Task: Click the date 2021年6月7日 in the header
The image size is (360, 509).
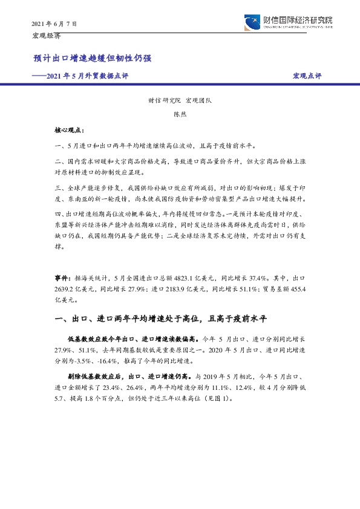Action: [54, 24]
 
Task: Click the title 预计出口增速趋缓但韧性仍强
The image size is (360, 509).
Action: [92, 59]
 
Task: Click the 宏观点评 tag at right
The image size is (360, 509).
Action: [307, 76]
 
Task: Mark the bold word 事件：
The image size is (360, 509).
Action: [63, 277]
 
